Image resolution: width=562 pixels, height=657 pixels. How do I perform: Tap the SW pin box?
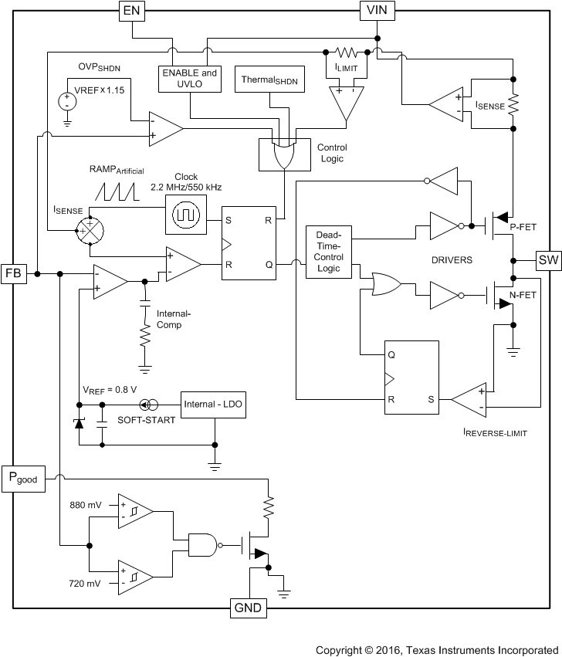548,259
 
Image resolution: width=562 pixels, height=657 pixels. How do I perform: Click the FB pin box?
14,273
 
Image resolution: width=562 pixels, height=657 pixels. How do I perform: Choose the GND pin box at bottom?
248,608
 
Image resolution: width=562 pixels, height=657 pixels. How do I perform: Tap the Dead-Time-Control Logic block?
328,252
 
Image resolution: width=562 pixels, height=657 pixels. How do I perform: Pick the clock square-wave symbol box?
186,213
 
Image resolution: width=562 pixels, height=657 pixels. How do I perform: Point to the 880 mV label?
84,505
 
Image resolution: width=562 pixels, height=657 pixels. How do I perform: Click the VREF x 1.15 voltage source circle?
66,100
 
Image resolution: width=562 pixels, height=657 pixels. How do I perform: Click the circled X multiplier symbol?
90,230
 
